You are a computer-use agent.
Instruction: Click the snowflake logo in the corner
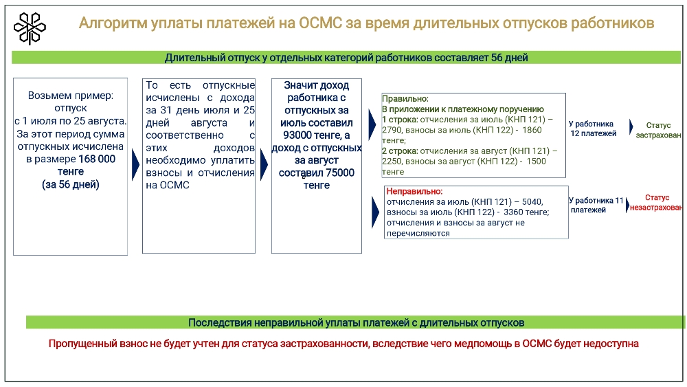tap(30, 28)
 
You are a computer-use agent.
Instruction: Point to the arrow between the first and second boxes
tap(136, 165)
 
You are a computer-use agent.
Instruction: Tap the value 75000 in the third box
tap(339, 173)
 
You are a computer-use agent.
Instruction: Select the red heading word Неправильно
tap(414, 192)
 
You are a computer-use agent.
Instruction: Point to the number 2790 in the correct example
tap(392, 130)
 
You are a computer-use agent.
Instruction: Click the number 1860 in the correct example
tap(532, 130)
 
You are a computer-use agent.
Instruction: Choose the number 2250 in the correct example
tap(392, 162)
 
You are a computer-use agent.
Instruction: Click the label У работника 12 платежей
tap(593, 129)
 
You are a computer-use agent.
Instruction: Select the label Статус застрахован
tap(658, 130)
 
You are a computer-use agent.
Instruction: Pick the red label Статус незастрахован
tap(656, 203)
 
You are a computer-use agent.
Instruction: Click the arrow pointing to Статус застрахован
tap(631, 127)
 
